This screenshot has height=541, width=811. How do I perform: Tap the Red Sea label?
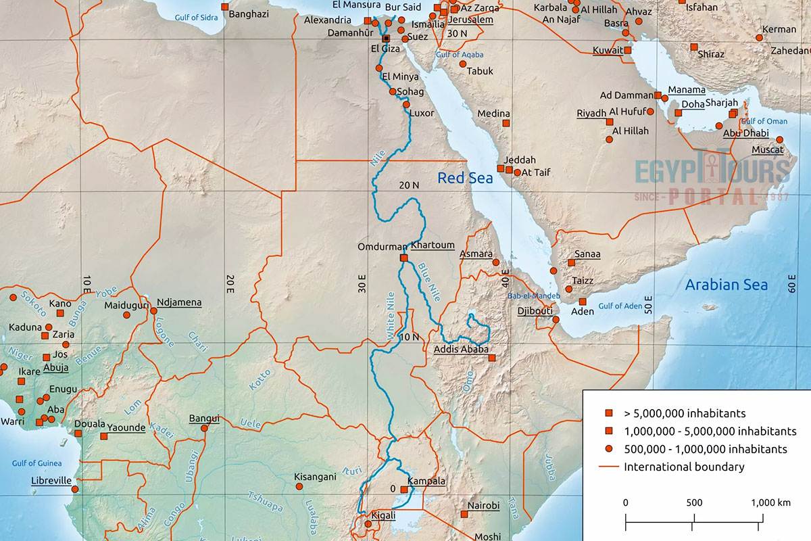pyautogui.click(x=465, y=179)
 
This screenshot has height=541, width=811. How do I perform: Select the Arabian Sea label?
pyautogui.click(x=727, y=285)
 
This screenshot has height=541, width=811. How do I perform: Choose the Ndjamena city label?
pyautogui.click(x=179, y=302)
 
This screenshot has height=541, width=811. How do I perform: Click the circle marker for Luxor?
pyautogui.click(x=406, y=104)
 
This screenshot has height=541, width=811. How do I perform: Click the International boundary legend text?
pyautogui.click(x=684, y=467)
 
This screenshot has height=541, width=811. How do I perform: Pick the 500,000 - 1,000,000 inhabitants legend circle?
pyautogui.click(x=608, y=449)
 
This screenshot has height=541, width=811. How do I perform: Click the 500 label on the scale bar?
pyautogui.click(x=693, y=502)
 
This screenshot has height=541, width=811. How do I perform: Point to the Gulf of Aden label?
pyautogui.click(x=619, y=306)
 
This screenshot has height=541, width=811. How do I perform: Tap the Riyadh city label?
pyautogui.click(x=591, y=113)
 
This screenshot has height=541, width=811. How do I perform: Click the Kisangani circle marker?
pyautogui.click(x=299, y=486)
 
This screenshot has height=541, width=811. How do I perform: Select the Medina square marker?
pyautogui.click(x=505, y=124)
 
